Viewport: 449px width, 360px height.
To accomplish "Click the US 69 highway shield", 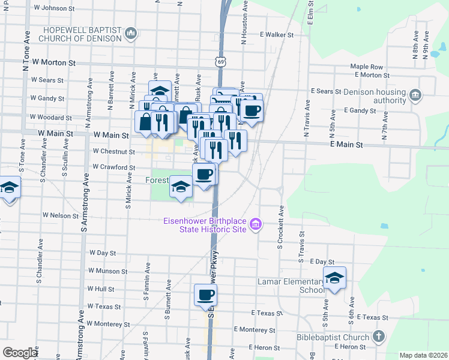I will [221, 62].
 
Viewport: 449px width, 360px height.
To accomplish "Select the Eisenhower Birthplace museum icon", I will [256, 225].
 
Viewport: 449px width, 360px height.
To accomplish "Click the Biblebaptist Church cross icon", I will [378, 337].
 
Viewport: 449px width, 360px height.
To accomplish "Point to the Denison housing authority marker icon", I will [416, 95].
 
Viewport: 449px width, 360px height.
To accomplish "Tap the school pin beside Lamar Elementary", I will [335, 278].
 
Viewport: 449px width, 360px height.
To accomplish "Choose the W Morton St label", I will [54, 62].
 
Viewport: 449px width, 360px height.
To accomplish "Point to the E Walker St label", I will [276, 35].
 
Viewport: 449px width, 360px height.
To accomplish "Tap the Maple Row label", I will [367, 67].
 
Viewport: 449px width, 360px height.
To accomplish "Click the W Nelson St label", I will [61, 215].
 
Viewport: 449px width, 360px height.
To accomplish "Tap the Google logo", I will [20, 352].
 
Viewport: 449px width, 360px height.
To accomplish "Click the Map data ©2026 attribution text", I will [423, 355].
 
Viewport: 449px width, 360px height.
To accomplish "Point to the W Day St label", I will [102, 253].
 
